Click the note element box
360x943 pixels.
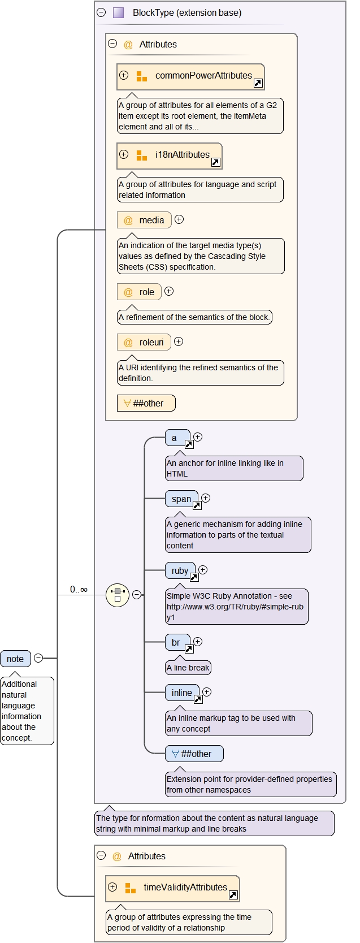pos(15,659)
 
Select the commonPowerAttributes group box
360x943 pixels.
pos(190,76)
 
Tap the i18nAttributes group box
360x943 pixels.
pos(169,155)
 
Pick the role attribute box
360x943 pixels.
pos(139,292)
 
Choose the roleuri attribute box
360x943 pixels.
pos(144,342)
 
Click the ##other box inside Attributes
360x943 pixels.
pos(146,403)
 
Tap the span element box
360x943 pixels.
pos(181,499)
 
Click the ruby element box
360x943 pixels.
pos(180,571)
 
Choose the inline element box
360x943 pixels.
pos(182,693)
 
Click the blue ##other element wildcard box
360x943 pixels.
pos(194,754)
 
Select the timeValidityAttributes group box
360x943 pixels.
pos(172,888)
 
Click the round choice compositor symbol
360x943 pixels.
pos(118,595)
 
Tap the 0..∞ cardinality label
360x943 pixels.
pos(79,590)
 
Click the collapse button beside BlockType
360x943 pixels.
pos(101,12)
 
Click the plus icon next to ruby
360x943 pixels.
pos(203,570)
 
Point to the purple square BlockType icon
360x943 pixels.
pos(118,12)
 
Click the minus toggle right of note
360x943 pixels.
pos(38,658)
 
